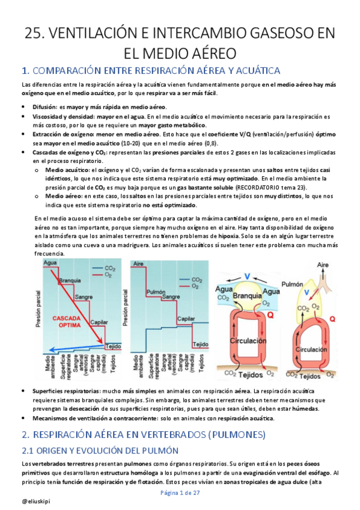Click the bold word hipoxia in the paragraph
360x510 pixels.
coord(228,236)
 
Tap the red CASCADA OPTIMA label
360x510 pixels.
coord(67,322)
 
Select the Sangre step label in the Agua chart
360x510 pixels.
coord(84,297)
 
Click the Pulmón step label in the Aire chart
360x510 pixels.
coord(156,292)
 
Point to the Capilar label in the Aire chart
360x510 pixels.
coord(186,319)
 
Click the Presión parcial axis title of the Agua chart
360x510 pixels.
coord(38,309)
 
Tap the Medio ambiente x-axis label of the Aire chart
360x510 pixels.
coord(138,366)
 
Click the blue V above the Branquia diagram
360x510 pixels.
coord(247,277)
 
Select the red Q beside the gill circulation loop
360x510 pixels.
coord(270,315)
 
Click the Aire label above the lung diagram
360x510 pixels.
coord(323,265)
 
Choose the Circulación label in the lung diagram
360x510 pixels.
coord(311,349)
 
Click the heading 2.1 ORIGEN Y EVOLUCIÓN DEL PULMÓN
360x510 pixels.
coord(100,451)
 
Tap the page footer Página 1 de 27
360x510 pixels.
coord(180,493)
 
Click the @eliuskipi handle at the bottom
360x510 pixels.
coord(36,502)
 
